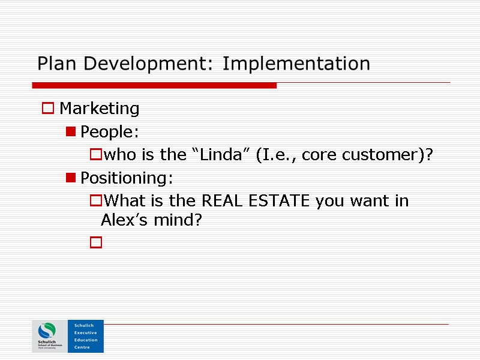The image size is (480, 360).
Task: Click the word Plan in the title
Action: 52,64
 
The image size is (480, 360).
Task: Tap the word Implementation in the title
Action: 296,64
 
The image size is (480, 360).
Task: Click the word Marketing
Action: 100,109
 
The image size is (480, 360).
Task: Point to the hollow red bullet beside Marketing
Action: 47,109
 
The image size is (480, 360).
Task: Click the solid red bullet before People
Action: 71,131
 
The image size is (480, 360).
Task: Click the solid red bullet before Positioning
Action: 71,178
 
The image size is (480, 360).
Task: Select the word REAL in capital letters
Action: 223,200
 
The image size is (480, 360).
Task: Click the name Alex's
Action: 122,221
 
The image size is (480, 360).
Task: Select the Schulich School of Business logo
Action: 50,336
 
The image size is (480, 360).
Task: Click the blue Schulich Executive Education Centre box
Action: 85,336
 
